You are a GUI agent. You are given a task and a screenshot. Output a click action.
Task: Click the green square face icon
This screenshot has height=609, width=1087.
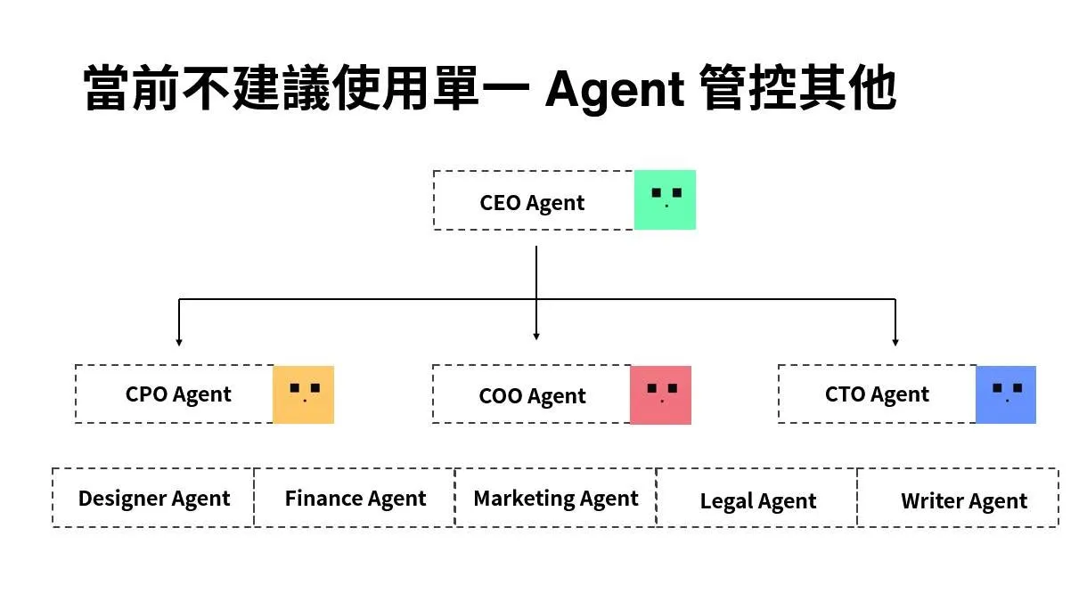(665, 199)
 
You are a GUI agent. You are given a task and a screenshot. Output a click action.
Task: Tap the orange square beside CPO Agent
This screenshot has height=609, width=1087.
(303, 394)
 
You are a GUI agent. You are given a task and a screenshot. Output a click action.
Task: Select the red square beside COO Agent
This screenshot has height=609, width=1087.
(660, 395)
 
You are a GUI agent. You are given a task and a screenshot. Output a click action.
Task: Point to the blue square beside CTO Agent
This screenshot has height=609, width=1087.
(1005, 394)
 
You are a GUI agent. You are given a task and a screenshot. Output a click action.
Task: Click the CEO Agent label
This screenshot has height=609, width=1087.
(532, 203)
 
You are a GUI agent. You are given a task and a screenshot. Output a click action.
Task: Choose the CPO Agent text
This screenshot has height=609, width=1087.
(178, 394)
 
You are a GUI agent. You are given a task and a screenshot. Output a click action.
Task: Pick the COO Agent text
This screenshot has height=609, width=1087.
(532, 396)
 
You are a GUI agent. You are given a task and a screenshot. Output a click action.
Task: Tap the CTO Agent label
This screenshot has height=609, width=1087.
(877, 394)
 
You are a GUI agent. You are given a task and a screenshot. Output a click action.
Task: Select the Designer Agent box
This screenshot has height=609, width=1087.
(153, 498)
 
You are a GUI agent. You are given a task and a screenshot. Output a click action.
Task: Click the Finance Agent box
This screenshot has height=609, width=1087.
(355, 498)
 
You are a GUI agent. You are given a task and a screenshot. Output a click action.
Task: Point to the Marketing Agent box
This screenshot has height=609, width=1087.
(556, 498)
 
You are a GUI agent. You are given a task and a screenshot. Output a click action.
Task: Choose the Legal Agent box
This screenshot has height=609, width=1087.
(757, 498)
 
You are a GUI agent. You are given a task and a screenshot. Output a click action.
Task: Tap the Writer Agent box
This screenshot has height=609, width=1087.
(959, 498)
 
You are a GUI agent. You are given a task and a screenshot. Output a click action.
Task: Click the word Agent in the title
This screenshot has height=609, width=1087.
(615, 91)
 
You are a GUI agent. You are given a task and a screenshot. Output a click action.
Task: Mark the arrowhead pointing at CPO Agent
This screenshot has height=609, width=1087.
(179, 342)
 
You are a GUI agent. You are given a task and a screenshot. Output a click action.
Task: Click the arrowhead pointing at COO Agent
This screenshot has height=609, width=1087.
(536, 336)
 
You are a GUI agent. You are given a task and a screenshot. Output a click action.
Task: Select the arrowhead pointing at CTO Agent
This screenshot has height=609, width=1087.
(895, 342)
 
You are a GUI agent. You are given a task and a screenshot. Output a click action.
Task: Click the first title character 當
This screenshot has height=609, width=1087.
(106, 88)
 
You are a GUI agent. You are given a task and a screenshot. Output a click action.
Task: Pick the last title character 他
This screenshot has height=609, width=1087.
(872, 88)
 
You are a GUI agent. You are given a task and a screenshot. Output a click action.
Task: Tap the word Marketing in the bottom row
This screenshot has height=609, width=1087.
(524, 499)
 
